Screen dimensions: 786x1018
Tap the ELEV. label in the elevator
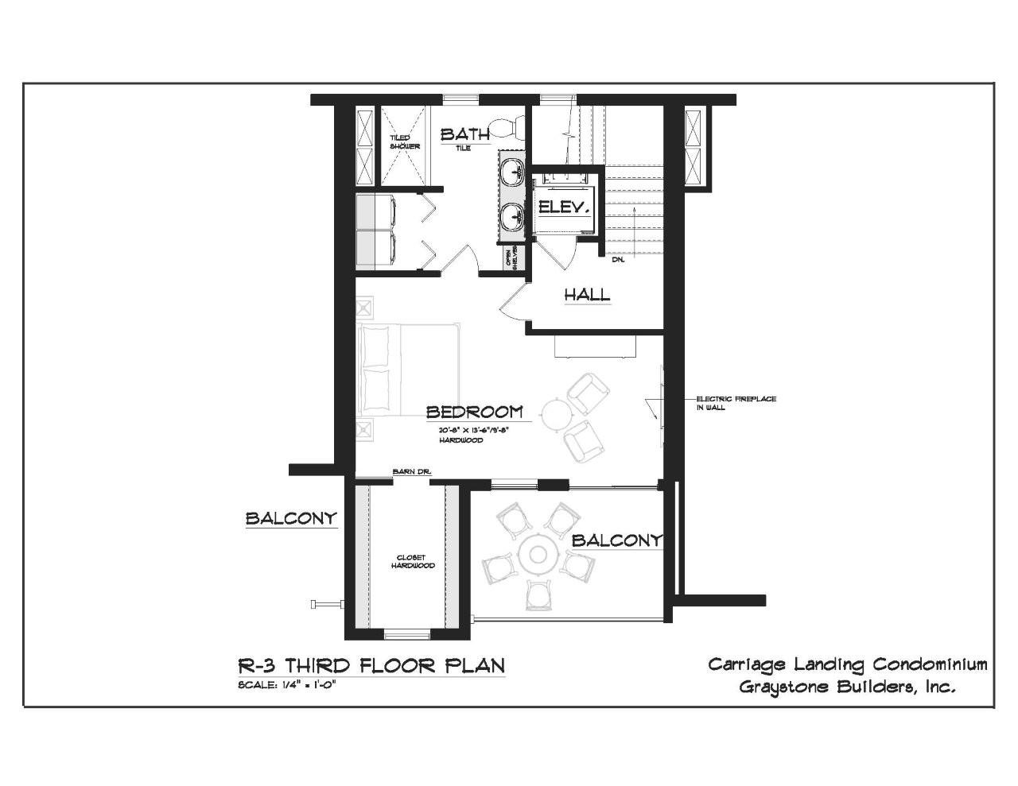coord(564,207)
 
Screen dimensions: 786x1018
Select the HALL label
coord(587,294)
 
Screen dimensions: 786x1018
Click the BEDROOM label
coord(475,412)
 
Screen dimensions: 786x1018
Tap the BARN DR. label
coord(411,473)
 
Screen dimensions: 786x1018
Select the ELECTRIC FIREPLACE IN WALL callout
coord(736,403)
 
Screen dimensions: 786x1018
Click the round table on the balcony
coord(538,554)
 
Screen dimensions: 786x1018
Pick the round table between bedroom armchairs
coord(555,413)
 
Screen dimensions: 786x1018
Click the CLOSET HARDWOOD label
coord(413,561)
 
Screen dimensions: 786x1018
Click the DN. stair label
coord(618,259)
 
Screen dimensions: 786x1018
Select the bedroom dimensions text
coord(473,430)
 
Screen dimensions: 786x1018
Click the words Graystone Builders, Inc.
coord(847,687)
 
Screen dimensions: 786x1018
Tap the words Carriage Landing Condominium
coord(848,664)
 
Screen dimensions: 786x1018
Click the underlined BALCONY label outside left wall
coord(291,519)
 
